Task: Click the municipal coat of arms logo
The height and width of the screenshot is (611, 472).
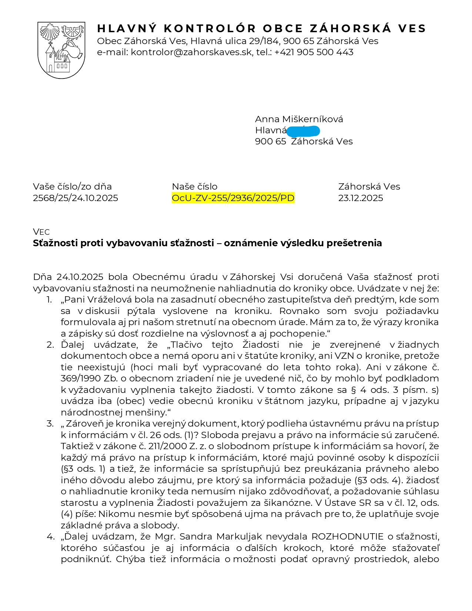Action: click(61, 50)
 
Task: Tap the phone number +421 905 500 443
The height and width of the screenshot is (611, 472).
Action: click(314, 52)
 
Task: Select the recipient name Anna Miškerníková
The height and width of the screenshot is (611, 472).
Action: click(299, 119)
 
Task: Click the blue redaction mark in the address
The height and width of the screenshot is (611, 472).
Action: click(303, 131)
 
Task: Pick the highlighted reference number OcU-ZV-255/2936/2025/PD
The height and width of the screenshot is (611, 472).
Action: click(233, 198)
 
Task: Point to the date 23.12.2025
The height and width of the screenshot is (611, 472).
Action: click(361, 198)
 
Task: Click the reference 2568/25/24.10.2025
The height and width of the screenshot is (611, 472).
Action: click(76, 198)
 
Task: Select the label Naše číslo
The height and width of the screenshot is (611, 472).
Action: click(194, 187)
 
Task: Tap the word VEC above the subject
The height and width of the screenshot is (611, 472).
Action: click(41, 232)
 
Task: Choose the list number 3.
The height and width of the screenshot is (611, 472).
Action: click(50, 424)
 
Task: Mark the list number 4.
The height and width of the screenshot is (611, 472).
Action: click(50, 537)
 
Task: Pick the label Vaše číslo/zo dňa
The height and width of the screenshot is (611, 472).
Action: click(72, 187)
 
